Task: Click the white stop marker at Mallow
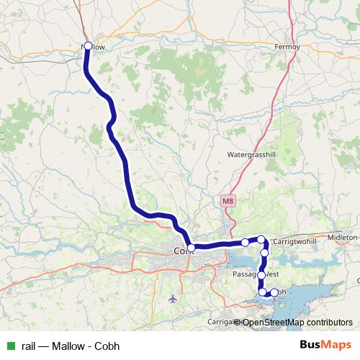(x=87, y=46)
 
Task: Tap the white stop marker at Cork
(x=191, y=248)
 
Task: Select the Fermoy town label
(x=288, y=47)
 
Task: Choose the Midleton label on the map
(x=342, y=237)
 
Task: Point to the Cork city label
(x=180, y=251)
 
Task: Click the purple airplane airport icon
(x=172, y=298)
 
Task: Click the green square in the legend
(x=10, y=346)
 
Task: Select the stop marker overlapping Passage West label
(x=261, y=274)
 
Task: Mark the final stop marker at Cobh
(x=274, y=292)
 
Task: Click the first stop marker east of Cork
(x=245, y=243)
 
